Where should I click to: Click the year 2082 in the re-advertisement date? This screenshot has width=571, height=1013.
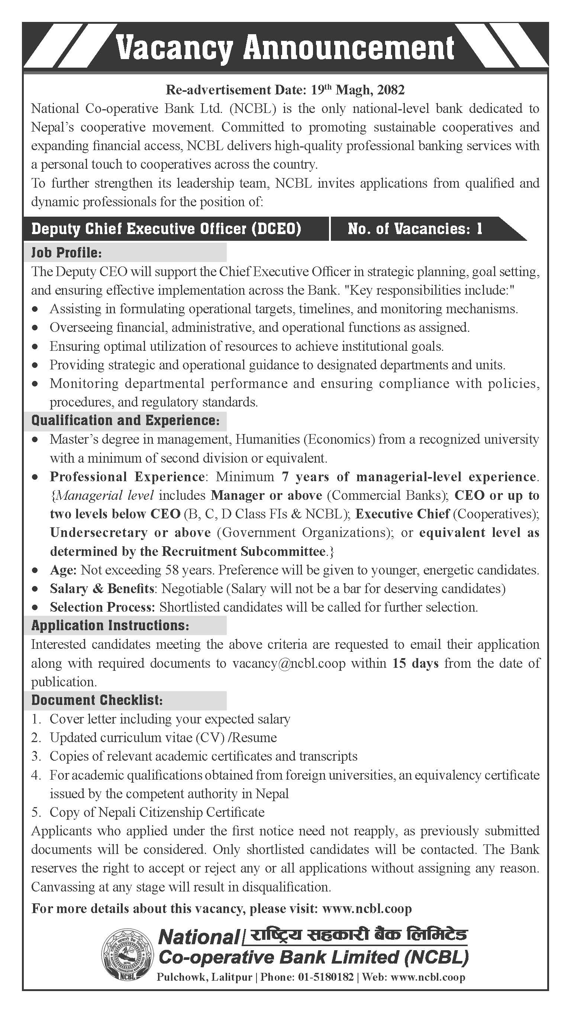point(390,90)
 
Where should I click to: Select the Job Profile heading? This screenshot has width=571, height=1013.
point(67,252)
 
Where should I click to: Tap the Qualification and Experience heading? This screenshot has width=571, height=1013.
point(125,420)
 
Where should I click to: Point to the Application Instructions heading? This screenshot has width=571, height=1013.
point(110,625)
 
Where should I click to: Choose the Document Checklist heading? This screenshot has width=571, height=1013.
point(97,700)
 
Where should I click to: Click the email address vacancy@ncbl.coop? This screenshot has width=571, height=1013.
point(289,663)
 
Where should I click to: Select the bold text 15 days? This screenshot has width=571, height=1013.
point(415,663)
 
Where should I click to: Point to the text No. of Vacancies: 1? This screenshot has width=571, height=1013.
point(415,229)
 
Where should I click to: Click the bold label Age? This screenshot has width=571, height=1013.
point(63,570)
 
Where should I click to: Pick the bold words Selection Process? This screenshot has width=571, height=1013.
point(102,607)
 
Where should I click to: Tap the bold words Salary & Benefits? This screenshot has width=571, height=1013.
point(101,588)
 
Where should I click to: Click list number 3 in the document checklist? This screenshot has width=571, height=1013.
point(36,756)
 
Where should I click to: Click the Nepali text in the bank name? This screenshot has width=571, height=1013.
point(357,934)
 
